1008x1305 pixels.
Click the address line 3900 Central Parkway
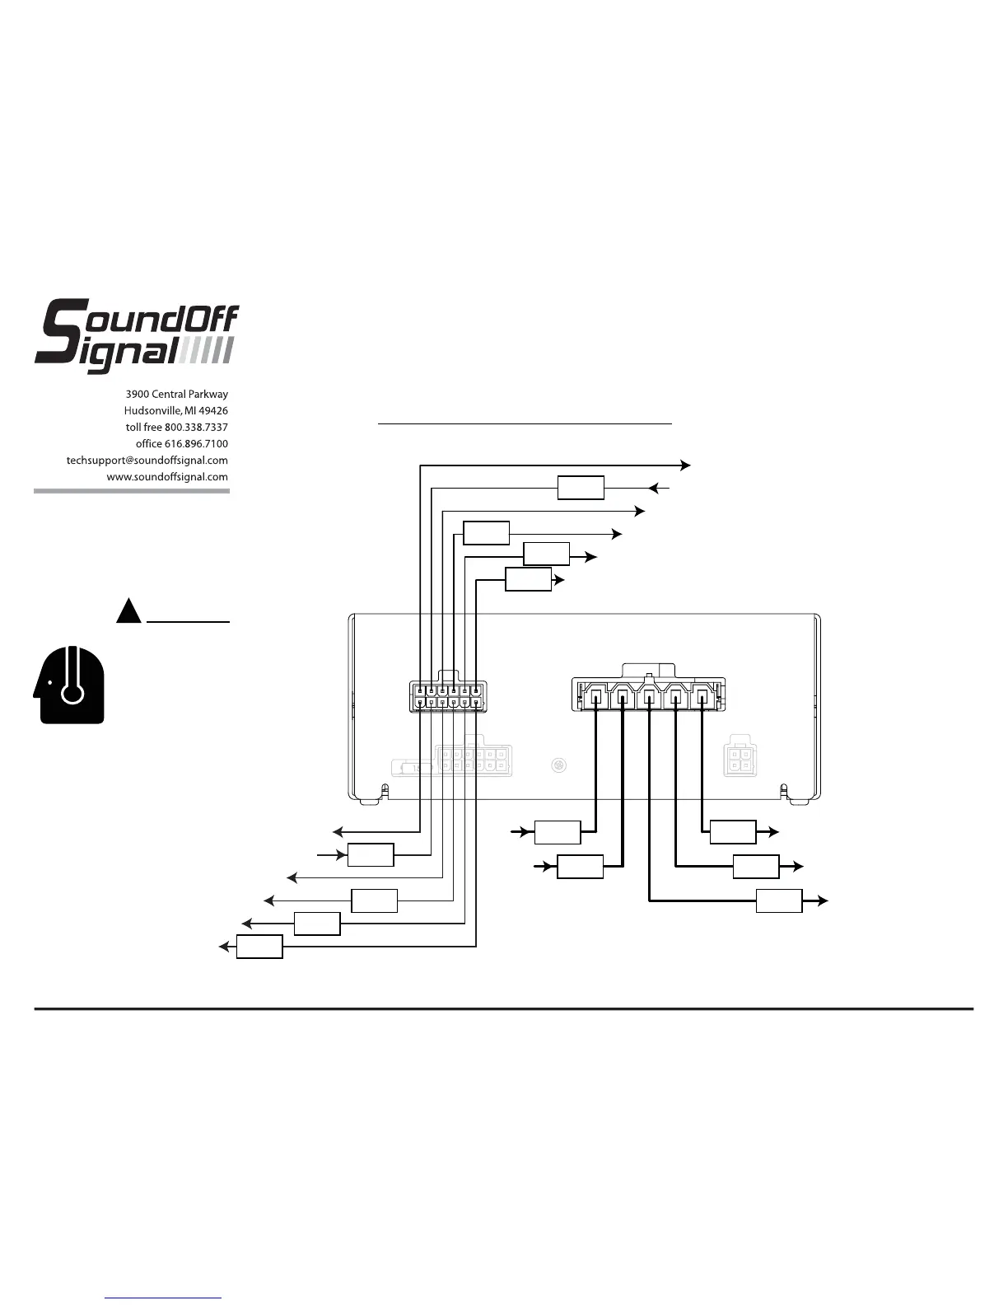click(176, 395)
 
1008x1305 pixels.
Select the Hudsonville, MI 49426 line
click(175, 411)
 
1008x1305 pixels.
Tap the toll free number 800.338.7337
click(196, 428)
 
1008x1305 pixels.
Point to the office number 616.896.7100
click(196, 444)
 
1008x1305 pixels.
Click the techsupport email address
click(147, 461)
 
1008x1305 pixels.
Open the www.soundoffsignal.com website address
click(167, 477)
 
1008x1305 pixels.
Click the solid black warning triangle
click(128, 611)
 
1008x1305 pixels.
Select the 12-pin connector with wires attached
click(448, 697)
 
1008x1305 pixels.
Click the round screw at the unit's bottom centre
click(558, 765)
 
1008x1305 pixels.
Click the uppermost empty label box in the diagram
click(581, 488)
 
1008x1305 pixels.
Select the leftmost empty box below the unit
click(259, 947)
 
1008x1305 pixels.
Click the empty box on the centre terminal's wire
click(779, 901)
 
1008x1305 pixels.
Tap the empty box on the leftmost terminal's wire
click(558, 832)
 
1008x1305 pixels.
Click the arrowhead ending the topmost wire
click(685, 465)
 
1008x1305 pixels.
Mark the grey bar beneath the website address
click(132, 491)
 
